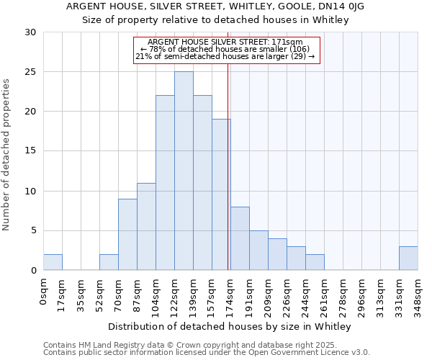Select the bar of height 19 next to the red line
coord(221,194)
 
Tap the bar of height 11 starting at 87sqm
coord(146,227)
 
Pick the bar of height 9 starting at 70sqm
coord(127,235)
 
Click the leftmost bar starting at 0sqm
coord(53,263)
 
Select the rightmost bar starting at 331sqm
coord(408,258)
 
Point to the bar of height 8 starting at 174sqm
coord(240,239)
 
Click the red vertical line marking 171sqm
coord(228,166)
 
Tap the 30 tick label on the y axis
coord(30,32)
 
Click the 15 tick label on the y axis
coord(30,151)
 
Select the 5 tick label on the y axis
coord(33,231)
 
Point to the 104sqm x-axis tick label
coord(156,296)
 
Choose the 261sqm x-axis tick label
coord(324,296)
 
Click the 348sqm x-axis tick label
coord(418,296)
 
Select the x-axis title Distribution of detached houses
coord(230,327)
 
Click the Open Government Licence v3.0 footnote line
coord(207,353)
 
